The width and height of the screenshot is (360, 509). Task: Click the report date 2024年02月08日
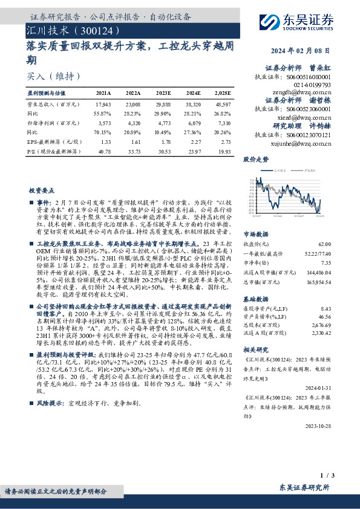[322, 52]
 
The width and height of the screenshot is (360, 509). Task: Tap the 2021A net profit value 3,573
[103, 122]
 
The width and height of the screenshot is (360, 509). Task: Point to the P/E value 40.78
[103, 149]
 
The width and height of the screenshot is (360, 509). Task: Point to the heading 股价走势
[255, 160]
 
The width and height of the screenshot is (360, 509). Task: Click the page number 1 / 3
[342, 476]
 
